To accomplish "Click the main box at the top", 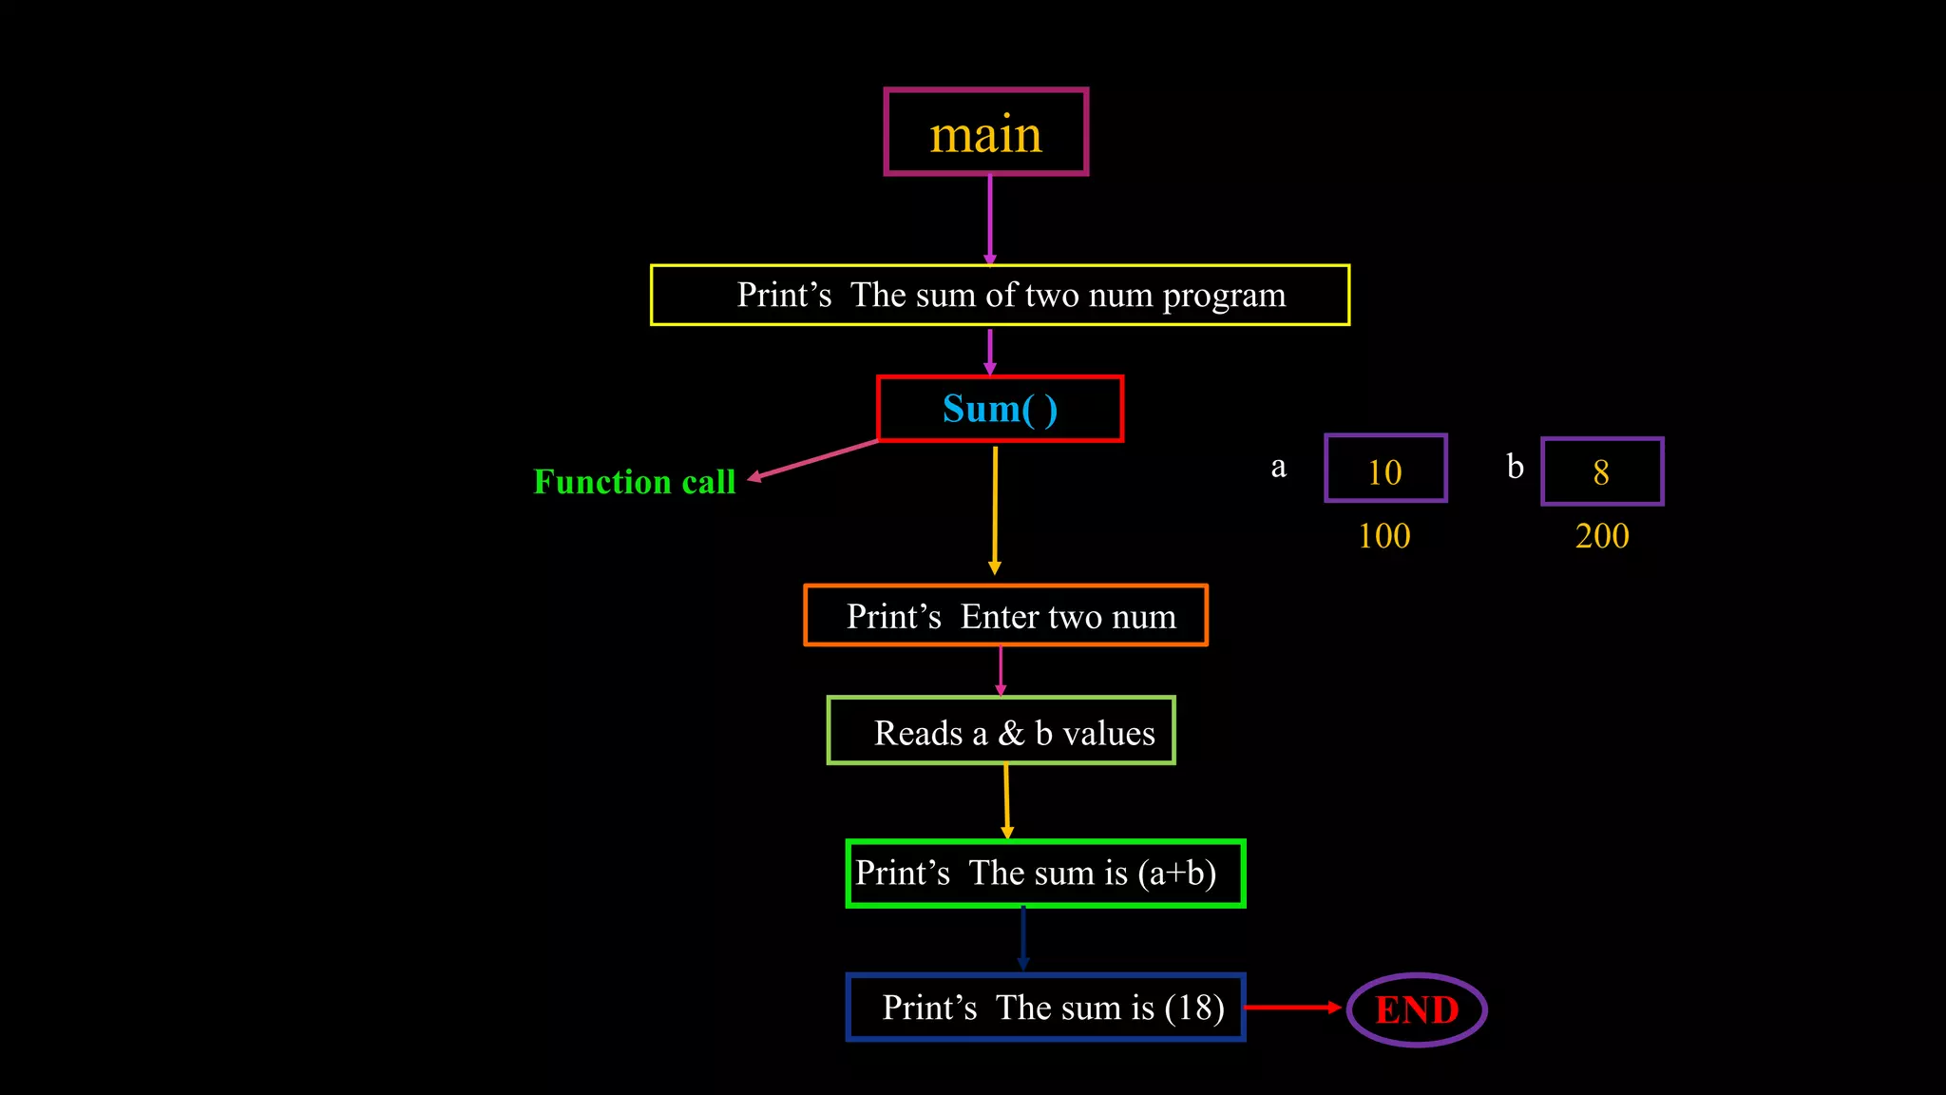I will coord(985,132).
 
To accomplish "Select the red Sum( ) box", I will coord(1000,409).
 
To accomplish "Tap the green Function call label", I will coord(634,482).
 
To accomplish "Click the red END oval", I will coord(1416,1009).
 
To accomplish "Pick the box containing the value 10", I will coord(1385,470).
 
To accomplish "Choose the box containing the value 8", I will coord(1602,471).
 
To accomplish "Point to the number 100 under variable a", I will coord(1384,536).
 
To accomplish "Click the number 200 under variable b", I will coord(1602,536).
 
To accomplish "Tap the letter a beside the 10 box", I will coord(1279,468).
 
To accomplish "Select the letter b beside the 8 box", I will coord(1515,467).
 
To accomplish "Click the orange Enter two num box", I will coord(1005,616).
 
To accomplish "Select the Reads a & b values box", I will coord(1002,731).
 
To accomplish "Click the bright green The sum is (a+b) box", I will coord(1045,874).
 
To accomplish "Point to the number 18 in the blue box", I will coord(1194,1008).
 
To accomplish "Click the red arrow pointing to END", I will coord(1292,1008).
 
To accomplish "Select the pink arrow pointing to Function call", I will coord(812,460).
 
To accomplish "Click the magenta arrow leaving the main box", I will coord(990,219).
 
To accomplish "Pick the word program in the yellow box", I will coord(1224,296).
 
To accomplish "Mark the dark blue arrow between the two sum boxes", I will coord(1023,938).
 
